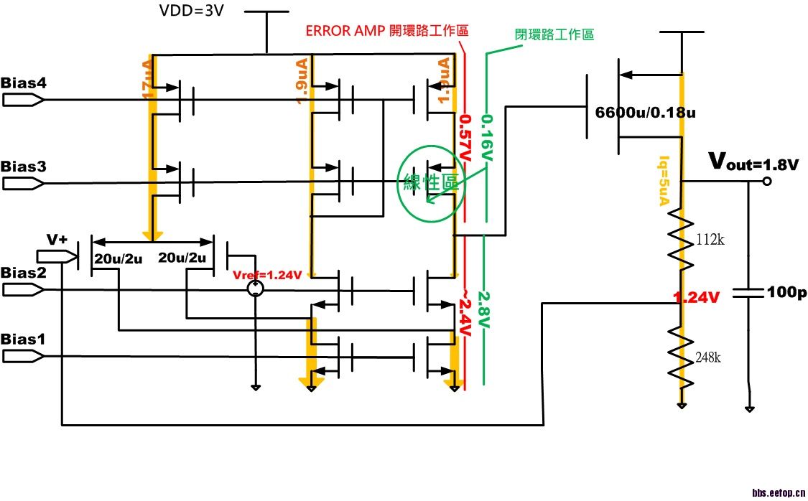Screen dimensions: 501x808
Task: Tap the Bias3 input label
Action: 24,167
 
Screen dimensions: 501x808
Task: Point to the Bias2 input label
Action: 24,273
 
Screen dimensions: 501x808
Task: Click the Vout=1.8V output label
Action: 753,163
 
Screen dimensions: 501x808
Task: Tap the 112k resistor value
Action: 710,240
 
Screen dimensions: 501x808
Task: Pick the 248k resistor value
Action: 707,357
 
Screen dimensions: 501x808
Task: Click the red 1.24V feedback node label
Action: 696,296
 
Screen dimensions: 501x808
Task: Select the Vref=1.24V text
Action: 268,274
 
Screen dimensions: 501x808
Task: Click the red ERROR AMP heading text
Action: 387,31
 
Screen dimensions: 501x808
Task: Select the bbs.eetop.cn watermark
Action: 779,492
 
